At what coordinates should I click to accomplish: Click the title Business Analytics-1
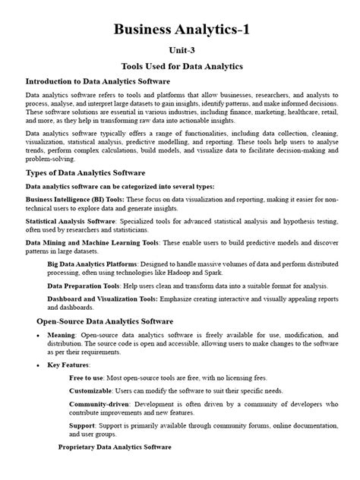point(179,30)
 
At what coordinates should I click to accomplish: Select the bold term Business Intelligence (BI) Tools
point(74,200)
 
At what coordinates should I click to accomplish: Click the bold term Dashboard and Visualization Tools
point(107,299)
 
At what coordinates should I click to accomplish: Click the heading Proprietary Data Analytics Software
point(115,447)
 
